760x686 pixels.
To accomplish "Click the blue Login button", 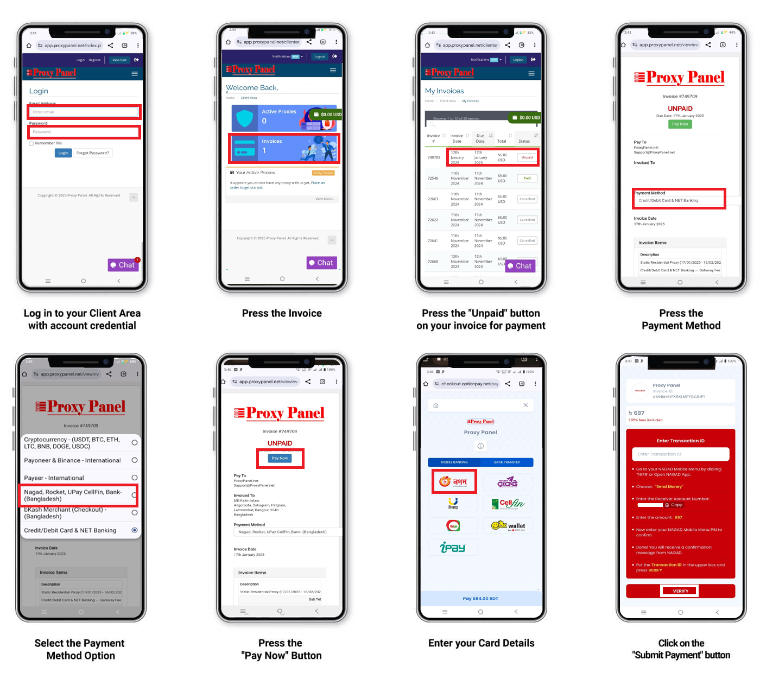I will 63,153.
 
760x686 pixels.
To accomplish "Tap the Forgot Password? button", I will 93,153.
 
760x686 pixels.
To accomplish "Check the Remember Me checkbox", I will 31,143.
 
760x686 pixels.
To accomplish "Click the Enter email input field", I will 84,112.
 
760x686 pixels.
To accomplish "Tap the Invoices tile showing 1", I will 284,148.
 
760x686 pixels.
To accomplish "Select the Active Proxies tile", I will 284,117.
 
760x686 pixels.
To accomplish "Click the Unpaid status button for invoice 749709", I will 527,157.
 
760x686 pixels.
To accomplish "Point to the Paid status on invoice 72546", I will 527,178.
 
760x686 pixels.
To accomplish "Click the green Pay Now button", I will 680,124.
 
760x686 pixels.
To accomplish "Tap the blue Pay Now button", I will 280,459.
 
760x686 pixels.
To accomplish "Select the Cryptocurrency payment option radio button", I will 135,443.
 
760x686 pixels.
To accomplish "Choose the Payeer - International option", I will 135,478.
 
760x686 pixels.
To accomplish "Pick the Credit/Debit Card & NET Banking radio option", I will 135,530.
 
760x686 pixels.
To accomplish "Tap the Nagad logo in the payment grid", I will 454,481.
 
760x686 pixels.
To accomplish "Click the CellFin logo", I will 508,504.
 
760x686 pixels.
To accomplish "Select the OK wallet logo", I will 508,525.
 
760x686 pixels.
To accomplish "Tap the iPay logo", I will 453,548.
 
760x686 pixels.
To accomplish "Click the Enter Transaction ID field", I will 680,454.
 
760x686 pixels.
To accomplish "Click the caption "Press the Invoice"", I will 282,313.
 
